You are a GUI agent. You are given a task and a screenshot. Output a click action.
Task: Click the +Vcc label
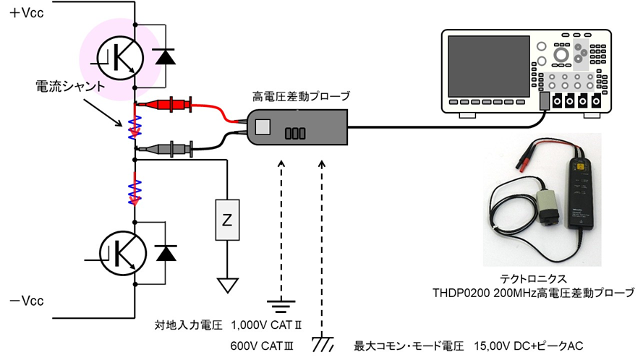[26, 14]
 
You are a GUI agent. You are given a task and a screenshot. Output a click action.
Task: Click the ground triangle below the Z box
[229, 284]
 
